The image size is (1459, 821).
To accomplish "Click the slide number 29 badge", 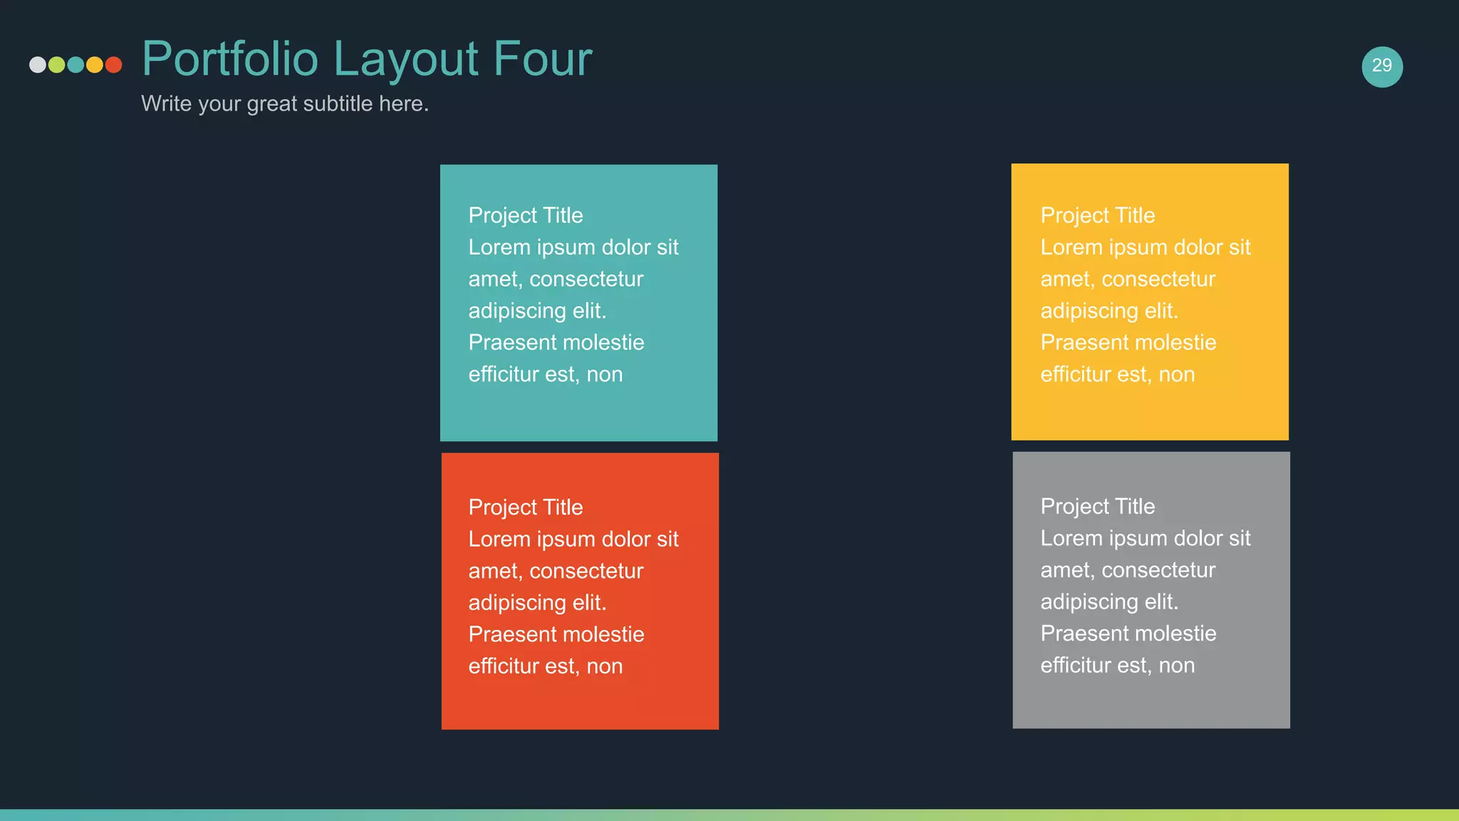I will click(1382, 66).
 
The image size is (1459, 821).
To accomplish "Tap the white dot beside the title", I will click(38, 65).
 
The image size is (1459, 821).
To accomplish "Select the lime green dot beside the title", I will click(57, 65).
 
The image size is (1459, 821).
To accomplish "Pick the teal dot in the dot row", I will click(76, 65).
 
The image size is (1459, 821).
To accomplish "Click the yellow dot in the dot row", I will click(95, 65).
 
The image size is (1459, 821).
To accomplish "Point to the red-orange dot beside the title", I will click(113, 65).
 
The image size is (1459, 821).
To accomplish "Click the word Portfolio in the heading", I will click(230, 59).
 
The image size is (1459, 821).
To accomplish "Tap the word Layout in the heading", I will click(406, 59).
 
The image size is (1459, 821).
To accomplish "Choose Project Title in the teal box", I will click(526, 215).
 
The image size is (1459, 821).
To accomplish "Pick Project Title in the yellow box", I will click(1098, 215).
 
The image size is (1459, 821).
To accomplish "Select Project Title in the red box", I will click(526, 507).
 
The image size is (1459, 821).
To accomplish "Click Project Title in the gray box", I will click(1098, 506).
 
